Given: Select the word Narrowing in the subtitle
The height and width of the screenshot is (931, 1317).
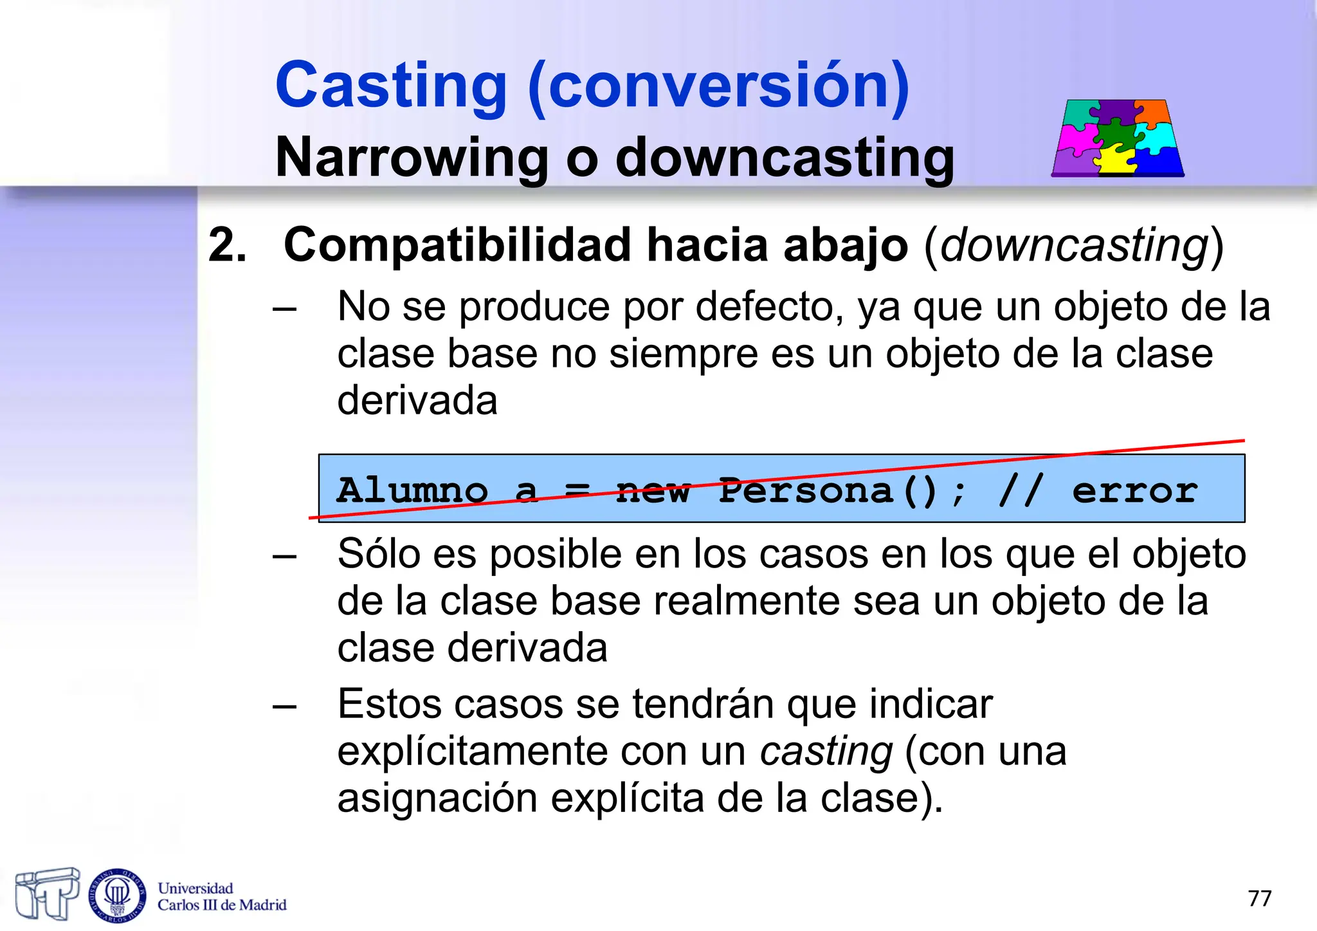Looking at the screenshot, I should click(412, 158).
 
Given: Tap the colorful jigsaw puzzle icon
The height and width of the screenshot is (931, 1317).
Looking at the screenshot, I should click(1118, 138).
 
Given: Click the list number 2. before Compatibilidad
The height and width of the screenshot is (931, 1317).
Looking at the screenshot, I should click(227, 246).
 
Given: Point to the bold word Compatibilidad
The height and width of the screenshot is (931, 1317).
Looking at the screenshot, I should click(458, 246).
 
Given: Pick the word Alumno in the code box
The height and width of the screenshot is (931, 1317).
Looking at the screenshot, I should click(412, 491).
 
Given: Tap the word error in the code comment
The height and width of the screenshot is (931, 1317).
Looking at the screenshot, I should click(1135, 491).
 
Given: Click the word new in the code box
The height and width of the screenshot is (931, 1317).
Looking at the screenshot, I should click(652, 491).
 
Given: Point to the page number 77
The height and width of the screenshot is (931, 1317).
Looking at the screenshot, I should click(1259, 898).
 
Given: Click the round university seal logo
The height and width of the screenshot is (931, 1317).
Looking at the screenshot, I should click(117, 894).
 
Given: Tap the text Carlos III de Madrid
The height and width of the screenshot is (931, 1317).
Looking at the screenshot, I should click(222, 905).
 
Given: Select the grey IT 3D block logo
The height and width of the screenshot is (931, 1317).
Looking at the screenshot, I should click(47, 893).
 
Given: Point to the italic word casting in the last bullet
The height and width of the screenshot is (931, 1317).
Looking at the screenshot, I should click(826, 751).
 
